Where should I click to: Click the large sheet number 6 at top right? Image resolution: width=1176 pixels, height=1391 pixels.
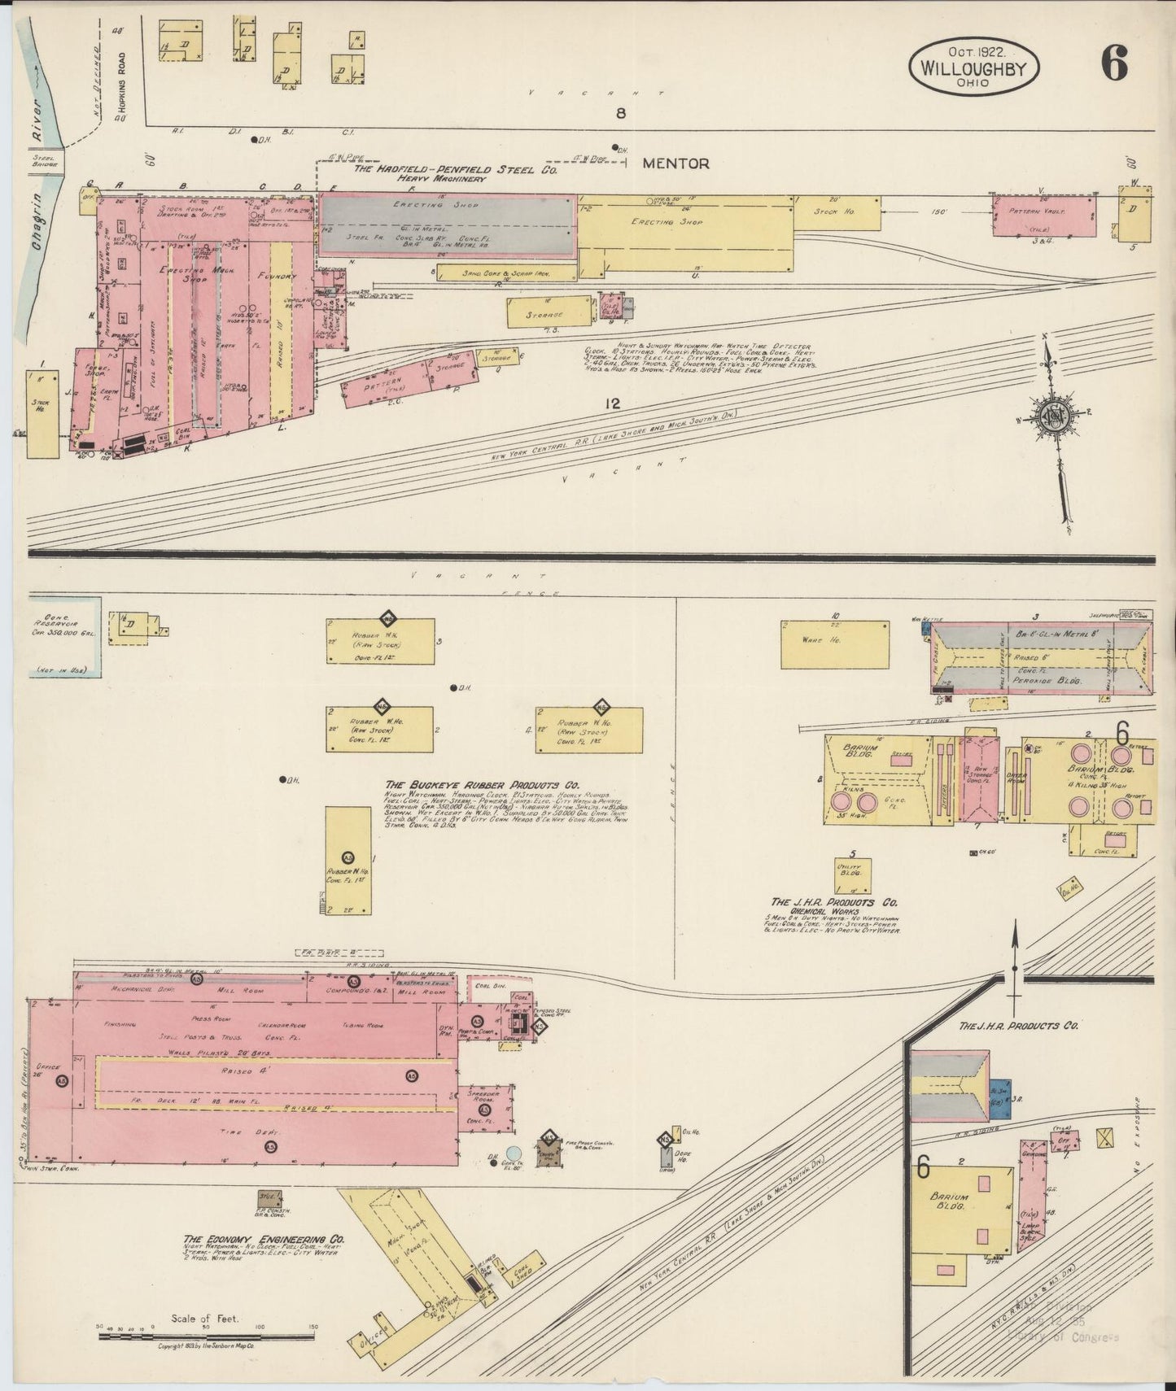click(x=1115, y=63)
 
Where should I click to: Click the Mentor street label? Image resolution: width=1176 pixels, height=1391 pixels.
click(x=675, y=164)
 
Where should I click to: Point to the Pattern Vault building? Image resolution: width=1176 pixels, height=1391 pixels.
click(x=1043, y=216)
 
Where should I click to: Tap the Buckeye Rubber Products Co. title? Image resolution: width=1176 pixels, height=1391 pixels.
click(x=482, y=786)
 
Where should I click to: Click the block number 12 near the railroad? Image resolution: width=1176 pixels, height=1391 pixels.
click(x=613, y=403)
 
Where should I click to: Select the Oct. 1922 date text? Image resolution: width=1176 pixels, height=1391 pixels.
click(x=973, y=50)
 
